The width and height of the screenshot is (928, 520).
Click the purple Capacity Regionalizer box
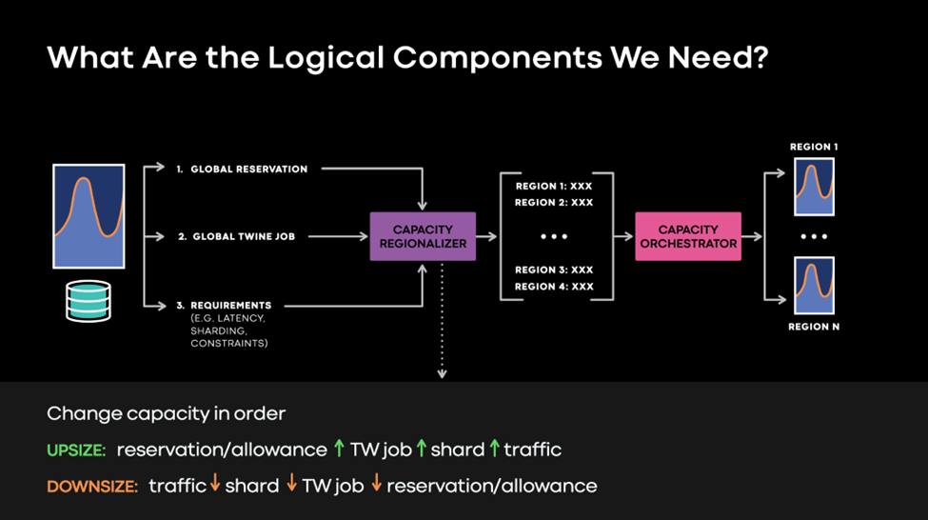pos(422,236)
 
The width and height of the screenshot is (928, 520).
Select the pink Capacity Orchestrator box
pos(688,236)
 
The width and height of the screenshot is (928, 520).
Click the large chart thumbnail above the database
pos(89,216)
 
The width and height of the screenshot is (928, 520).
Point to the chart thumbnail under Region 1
pos(814,188)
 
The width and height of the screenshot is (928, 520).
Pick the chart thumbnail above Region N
pos(814,286)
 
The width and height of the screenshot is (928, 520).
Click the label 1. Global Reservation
pos(241,169)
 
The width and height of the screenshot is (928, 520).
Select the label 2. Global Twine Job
pos(243,236)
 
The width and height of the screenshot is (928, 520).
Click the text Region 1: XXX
pos(553,187)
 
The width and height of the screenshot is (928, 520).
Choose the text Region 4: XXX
pos(553,286)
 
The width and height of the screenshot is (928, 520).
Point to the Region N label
pos(814,327)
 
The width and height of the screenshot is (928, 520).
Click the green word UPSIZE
pos(75,450)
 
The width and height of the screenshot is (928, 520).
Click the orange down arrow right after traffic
pos(215,485)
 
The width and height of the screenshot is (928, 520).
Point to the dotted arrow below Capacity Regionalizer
pos(442,324)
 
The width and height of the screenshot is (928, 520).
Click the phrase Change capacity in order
pos(166,414)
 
